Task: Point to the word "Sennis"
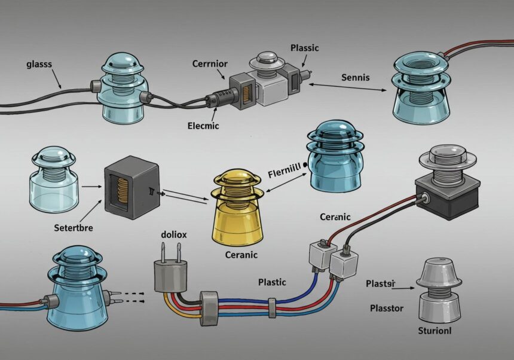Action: tap(356, 77)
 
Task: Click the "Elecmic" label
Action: tap(203, 126)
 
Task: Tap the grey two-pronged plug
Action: tap(169, 275)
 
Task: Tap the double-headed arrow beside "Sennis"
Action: tap(347, 88)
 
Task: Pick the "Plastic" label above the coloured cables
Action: tap(272, 282)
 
